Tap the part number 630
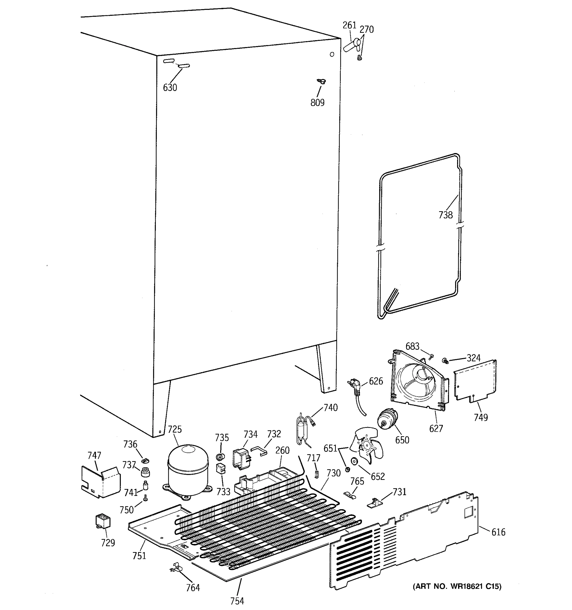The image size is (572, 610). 170,88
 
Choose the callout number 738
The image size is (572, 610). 445,215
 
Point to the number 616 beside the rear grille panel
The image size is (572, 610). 498,532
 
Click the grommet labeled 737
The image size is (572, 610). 145,472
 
